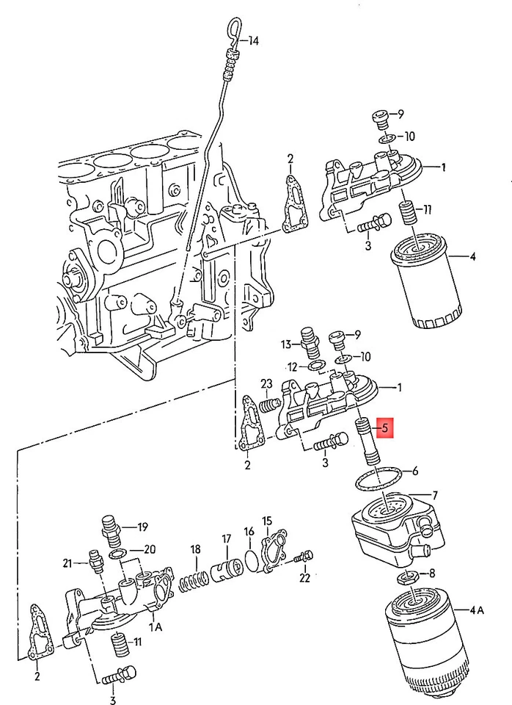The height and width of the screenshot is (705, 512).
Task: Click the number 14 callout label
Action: pyautogui.click(x=253, y=41)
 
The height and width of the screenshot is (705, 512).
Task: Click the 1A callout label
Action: pyautogui.click(x=156, y=626)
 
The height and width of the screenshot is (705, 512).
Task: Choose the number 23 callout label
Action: pyautogui.click(x=266, y=383)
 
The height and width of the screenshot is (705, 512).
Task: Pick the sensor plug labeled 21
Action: pyautogui.click(x=94, y=561)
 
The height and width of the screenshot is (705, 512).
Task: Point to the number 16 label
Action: pyautogui.click(x=249, y=531)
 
